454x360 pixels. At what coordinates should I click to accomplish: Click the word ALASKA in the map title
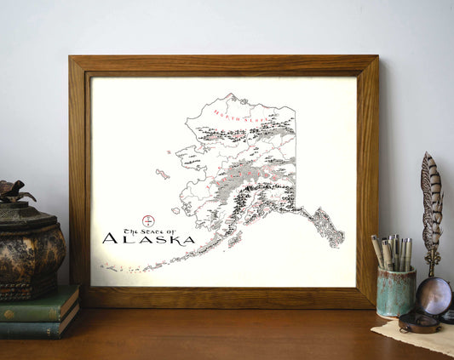pos(148,239)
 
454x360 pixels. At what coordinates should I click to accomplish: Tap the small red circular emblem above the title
pos(148,220)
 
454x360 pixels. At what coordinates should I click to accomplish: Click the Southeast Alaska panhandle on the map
pos(329,226)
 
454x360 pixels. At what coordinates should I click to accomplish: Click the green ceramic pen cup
pos(396,292)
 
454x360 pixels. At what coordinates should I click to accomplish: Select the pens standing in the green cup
pos(393,253)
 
